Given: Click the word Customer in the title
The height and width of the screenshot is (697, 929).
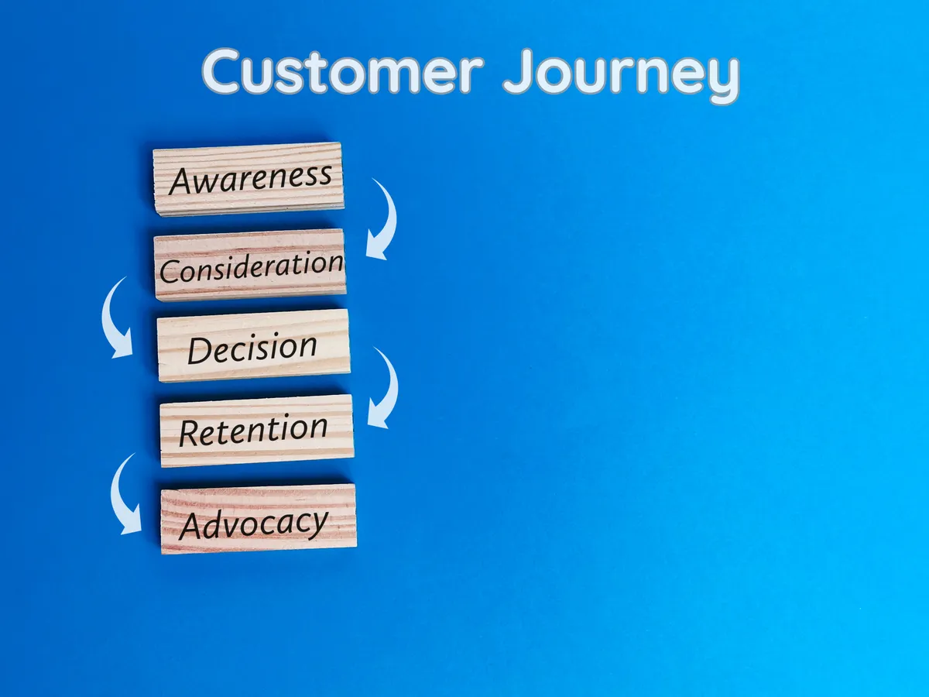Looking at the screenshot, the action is pyautogui.click(x=342, y=70).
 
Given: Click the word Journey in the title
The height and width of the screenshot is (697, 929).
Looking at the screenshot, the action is pyautogui.click(x=621, y=75).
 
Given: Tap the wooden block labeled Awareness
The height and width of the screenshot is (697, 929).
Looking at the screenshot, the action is pyautogui.click(x=249, y=179).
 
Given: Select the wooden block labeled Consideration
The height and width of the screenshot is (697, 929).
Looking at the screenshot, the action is pyautogui.click(x=250, y=265).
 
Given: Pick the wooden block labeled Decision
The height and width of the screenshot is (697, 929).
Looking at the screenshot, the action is pyautogui.click(x=253, y=345).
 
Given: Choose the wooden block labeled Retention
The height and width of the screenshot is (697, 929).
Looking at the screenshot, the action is pyautogui.click(x=257, y=431).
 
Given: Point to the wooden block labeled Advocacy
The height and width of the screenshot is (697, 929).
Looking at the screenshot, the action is pyautogui.click(x=259, y=519).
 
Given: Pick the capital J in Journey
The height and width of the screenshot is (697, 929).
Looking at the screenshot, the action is pyautogui.click(x=519, y=70).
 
